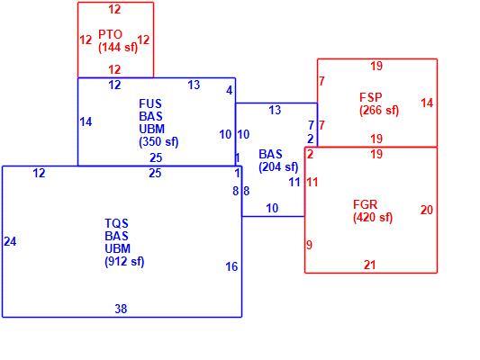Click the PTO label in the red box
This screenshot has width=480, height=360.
pyautogui.click(x=110, y=34)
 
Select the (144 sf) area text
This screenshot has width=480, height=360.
pyautogui.click(x=118, y=48)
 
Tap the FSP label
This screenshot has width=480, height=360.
pyautogui.click(x=371, y=97)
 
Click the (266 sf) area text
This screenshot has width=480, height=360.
pyautogui.click(x=379, y=110)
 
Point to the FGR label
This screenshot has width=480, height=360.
pyautogui.click(x=366, y=204)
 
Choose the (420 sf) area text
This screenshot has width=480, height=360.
pyautogui.click(x=373, y=218)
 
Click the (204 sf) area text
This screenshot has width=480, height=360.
pyautogui.click(x=278, y=167)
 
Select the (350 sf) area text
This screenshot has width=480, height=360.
pyautogui.click(x=158, y=142)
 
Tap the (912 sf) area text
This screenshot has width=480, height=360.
pyautogui.click(x=124, y=262)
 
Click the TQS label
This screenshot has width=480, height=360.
pyautogui.click(x=116, y=223)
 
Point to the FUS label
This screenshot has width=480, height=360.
pyautogui.click(x=150, y=103)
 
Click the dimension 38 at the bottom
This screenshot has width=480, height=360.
pyautogui.click(x=121, y=309)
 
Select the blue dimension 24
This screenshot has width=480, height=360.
pyautogui.click(x=10, y=241)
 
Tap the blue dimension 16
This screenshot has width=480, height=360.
pyautogui.click(x=231, y=266)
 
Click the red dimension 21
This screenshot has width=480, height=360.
pyautogui.click(x=369, y=265)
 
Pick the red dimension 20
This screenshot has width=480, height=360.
pyautogui.click(x=427, y=210)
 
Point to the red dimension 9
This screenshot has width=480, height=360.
pyautogui.click(x=309, y=245)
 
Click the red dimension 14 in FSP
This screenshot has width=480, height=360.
pyautogui.click(x=427, y=103)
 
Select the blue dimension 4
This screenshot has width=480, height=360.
pyautogui.click(x=230, y=91)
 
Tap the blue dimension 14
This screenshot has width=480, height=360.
pyautogui.click(x=86, y=122)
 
